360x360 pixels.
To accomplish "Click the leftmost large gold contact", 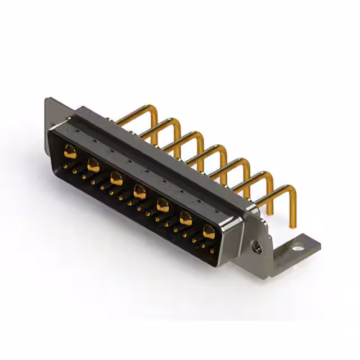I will coord(70,150).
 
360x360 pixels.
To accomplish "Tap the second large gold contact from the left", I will coord(93,164).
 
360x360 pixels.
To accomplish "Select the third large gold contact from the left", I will coord(116,178).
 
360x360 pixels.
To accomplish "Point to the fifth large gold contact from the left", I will coord(163,204).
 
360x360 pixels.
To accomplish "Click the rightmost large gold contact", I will coord(209,230).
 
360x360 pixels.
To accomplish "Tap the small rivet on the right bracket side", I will coord(257,246).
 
